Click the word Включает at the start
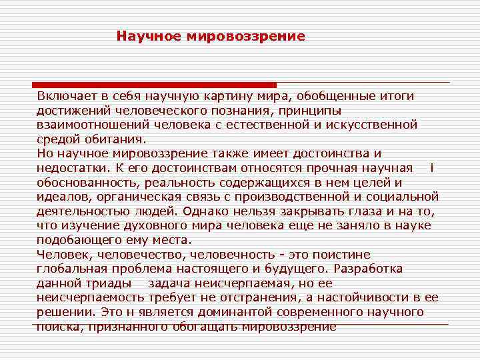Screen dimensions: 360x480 pyautogui.click(x=65, y=96)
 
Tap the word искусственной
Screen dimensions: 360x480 pyautogui.click(x=374, y=125)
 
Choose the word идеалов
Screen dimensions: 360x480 pyautogui.click(x=64, y=197)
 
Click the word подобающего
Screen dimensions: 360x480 pyautogui.click(x=79, y=240)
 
